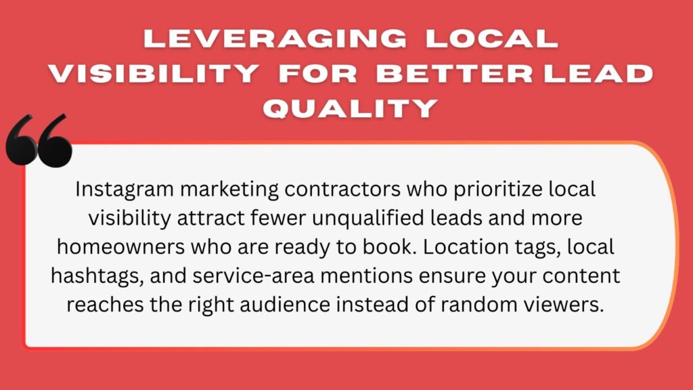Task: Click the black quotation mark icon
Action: click(39, 141)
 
